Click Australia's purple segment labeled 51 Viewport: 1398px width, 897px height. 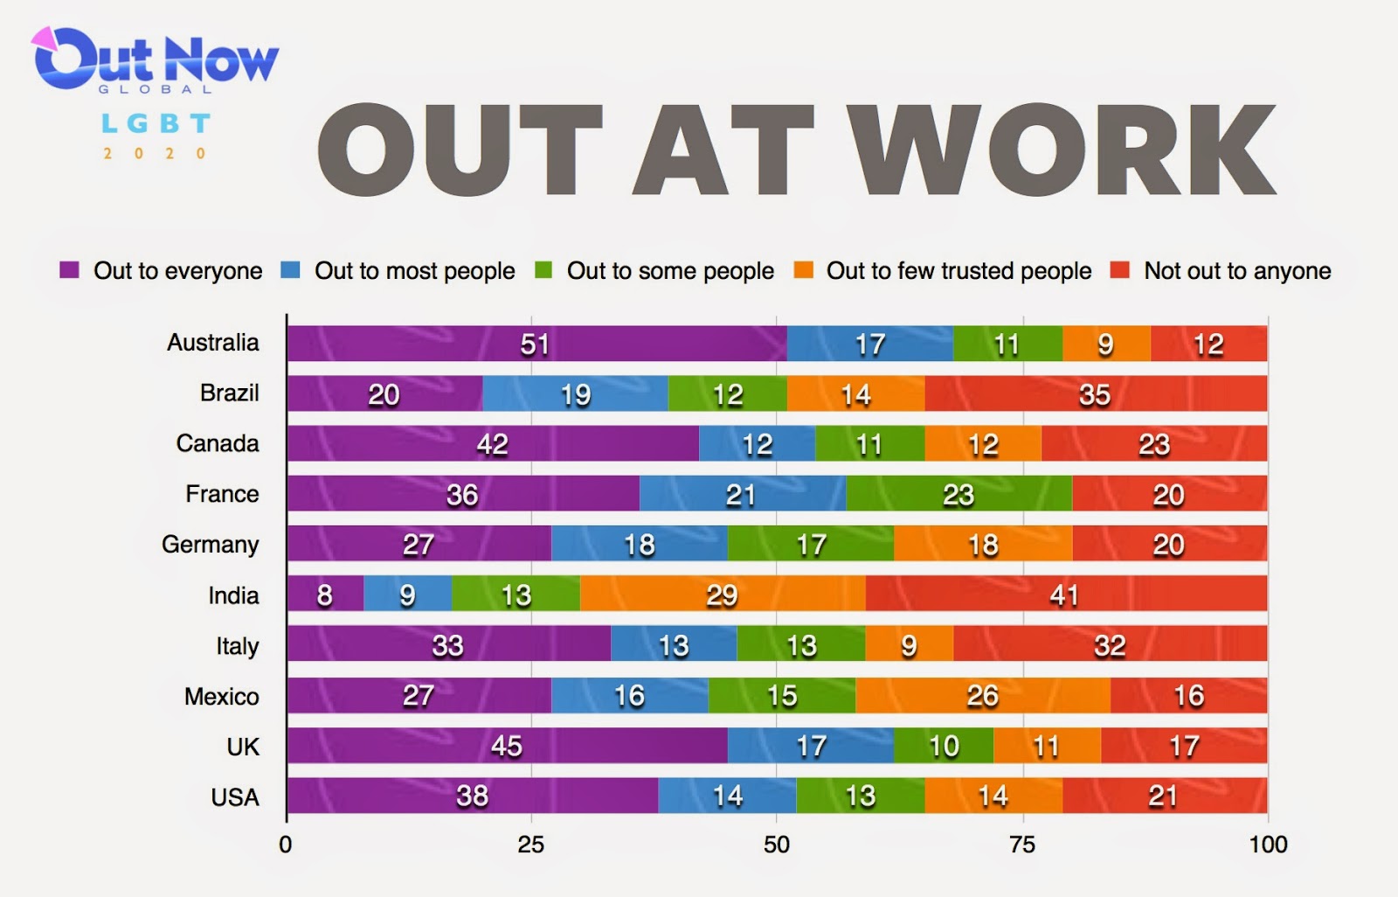[536, 344]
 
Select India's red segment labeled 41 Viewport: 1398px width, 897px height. [1066, 594]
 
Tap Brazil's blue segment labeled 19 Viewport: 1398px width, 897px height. [575, 393]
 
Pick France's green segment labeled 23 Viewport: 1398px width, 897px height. [959, 493]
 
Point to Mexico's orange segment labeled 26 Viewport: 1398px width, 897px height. [983, 695]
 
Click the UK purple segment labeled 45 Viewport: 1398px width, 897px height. [507, 745]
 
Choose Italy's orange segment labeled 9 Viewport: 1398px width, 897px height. [910, 643]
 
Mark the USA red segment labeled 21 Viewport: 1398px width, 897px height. [1165, 796]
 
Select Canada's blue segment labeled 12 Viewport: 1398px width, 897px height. [757, 443]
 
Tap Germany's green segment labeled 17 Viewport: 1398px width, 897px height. [810, 544]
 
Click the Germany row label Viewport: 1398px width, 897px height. [211, 545]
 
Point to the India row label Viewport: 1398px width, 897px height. [233, 595]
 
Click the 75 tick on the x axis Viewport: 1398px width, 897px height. [1022, 845]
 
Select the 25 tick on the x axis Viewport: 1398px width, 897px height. [530, 845]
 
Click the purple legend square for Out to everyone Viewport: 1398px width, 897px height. [69, 270]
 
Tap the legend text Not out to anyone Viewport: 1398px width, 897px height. [1237, 270]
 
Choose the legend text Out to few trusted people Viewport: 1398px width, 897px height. [959, 270]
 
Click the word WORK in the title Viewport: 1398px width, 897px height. [1063, 150]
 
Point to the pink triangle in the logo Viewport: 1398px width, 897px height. [44, 38]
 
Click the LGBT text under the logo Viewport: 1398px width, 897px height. [156, 123]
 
